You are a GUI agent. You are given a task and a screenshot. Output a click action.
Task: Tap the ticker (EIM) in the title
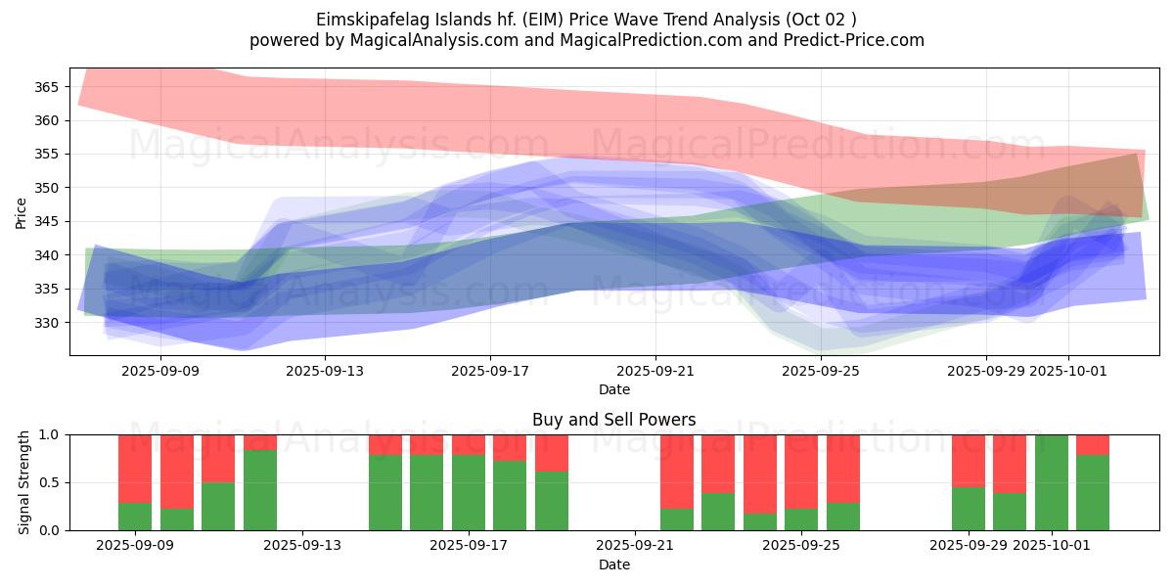pos(546,20)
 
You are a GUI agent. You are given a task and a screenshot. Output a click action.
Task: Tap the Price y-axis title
pos(21,212)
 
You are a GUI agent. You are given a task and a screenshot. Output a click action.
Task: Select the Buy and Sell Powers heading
pos(613,420)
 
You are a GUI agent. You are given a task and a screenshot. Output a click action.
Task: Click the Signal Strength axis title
pos(23,482)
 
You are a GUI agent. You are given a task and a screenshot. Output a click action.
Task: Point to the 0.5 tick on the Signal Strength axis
pos(49,482)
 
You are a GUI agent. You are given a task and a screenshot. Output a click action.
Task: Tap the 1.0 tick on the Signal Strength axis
pos(49,434)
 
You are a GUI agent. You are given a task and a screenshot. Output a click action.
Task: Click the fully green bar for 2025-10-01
pos(1051,482)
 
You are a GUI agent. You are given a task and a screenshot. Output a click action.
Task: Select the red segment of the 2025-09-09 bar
pos(135,468)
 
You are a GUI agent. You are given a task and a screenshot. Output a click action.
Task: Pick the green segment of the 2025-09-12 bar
pos(259,489)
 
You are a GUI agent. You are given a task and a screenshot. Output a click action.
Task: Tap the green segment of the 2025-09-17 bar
pos(468,492)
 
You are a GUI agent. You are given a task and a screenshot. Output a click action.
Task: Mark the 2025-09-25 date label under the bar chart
pos(801,546)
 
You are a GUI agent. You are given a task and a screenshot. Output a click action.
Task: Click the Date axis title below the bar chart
pos(613,564)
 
